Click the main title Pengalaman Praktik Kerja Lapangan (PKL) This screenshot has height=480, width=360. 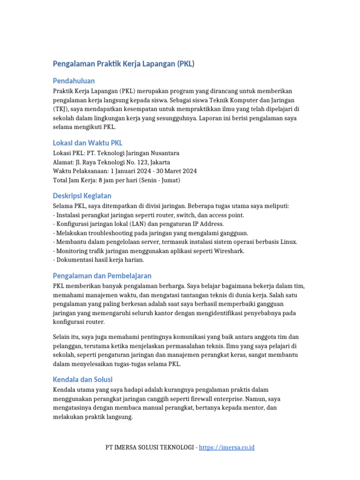pos(124,64)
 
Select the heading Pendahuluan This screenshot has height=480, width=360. pos(74,81)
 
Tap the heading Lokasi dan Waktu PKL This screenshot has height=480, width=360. pos(88,143)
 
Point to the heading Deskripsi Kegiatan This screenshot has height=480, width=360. pos(82,195)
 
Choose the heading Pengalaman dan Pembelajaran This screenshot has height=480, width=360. pos(102,276)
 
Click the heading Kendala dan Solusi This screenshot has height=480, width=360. pos(82,379)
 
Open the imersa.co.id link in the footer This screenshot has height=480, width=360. pos(226,448)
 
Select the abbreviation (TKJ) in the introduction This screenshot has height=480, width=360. pos(61,109)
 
